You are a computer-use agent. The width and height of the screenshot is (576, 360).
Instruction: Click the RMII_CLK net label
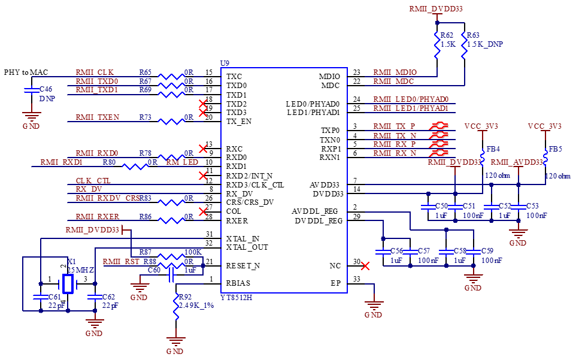coord(95,72)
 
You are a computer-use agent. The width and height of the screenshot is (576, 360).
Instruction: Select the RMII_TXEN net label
coord(98,117)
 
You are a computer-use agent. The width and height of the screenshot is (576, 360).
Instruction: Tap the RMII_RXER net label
coord(98,217)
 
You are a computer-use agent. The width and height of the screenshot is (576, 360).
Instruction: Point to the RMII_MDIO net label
coord(396,72)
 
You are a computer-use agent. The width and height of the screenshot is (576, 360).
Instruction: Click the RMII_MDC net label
coord(394,81)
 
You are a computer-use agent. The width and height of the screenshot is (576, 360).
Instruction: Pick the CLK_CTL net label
coord(93,181)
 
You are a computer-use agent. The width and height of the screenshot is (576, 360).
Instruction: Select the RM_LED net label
coord(182,162)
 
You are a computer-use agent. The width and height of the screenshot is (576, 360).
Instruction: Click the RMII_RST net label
coord(122,262)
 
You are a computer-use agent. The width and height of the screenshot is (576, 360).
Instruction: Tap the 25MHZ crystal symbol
coord(68,284)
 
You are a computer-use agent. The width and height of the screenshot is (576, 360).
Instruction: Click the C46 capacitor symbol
coord(31,91)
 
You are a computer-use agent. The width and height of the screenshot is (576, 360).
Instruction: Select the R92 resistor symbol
coord(177,306)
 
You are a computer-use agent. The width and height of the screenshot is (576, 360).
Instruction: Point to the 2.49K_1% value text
coord(197,305)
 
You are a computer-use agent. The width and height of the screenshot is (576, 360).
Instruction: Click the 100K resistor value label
coord(192,252)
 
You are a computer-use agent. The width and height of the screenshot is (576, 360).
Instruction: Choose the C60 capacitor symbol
coord(172,274)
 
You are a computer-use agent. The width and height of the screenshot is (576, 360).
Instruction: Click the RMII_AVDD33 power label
coord(517,162)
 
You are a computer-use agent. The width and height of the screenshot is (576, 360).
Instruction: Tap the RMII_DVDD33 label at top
coord(436,9)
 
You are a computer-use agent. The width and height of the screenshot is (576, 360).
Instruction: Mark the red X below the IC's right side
coord(365,266)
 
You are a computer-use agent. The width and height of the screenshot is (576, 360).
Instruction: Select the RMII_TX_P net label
coord(395,126)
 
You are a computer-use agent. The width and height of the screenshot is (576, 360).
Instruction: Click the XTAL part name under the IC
coord(237,298)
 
